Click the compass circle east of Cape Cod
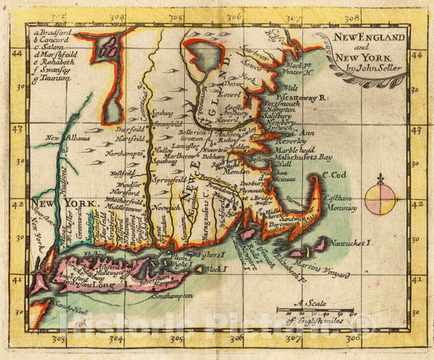(379, 200)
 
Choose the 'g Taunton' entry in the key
(52, 81)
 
